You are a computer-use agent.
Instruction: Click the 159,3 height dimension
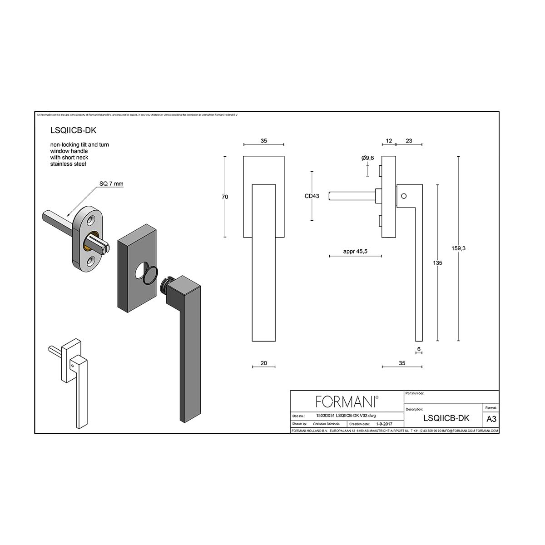458,248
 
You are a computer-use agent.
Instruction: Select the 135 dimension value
437,263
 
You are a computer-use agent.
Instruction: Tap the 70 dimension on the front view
225,197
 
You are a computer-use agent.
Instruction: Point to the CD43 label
312,196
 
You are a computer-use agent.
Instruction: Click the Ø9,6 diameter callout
367,158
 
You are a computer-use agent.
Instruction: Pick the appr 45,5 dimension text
355,251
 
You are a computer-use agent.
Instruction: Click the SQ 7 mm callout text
111,184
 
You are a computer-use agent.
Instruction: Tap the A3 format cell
491,419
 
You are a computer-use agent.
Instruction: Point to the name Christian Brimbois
326,424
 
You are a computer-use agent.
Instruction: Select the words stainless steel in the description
68,163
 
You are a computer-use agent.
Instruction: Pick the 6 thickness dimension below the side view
419,349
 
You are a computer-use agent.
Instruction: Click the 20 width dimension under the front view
264,363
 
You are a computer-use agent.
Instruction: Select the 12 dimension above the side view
389,141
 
